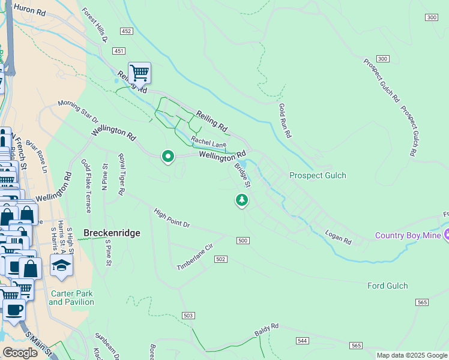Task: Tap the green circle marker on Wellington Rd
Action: pyautogui.click(x=168, y=157)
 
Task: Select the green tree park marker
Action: pyautogui.click(x=242, y=199)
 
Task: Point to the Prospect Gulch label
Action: pyautogui.click(x=318, y=175)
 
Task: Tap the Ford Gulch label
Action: pyautogui.click(x=387, y=286)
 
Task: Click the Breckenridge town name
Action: pyautogui.click(x=112, y=233)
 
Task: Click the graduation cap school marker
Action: pyautogui.click(x=61, y=265)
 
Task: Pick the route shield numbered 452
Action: pyautogui.click(x=126, y=30)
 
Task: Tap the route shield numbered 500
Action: pyautogui.click(x=243, y=241)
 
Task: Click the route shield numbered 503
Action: pyautogui.click(x=188, y=315)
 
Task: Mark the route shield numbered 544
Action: pyautogui.click(x=302, y=340)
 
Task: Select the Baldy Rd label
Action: pyautogui.click(x=267, y=329)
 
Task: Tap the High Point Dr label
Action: pyautogui.click(x=172, y=218)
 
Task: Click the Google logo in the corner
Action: pyautogui.click(x=20, y=353)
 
